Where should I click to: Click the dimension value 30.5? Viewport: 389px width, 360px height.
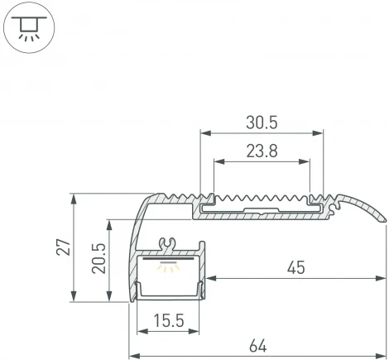(261, 122)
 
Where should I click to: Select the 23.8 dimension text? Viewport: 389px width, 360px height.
(261, 151)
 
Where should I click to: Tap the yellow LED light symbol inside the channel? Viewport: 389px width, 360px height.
(170, 266)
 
